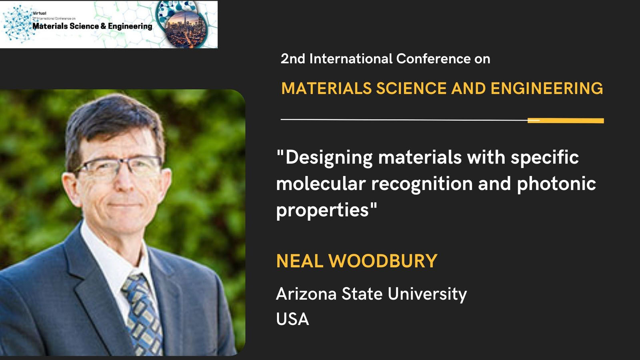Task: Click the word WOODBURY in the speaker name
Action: coord(383,261)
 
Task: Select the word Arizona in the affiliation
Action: coord(306,294)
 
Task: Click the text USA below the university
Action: coord(292,319)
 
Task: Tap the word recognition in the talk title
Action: coord(422,184)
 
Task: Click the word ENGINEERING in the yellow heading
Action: coord(546,88)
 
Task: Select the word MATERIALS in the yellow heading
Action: coord(326,88)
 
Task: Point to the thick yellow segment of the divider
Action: coord(566,120)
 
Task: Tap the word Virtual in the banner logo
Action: coord(40,13)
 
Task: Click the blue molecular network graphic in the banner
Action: coord(19,24)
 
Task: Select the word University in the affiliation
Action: coord(427,294)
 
